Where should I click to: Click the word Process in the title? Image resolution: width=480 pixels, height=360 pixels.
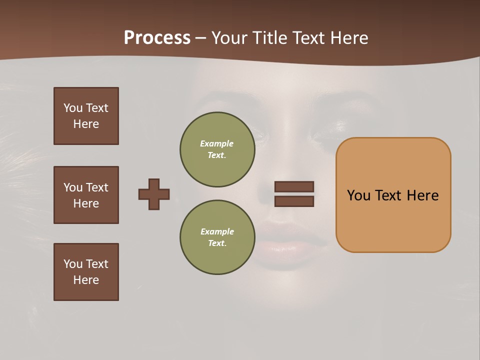click(157, 37)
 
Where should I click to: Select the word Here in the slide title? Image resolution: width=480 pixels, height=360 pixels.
click(348, 37)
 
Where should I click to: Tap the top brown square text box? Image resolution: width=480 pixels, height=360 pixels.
click(86, 116)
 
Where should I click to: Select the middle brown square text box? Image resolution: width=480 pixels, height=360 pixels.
click(86, 195)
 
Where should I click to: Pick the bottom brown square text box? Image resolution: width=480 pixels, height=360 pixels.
click(86, 272)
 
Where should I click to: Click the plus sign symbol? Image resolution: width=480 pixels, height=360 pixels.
click(154, 194)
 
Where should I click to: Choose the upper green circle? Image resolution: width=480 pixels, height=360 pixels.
click(217, 149)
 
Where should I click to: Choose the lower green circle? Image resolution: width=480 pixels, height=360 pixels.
click(217, 237)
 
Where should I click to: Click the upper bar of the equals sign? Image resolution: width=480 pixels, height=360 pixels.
click(294, 186)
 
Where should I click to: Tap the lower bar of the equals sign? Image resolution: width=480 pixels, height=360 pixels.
click(294, 201)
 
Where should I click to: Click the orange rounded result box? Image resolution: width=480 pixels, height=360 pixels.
click(393, 220)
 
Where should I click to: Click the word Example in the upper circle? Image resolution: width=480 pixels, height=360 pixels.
click(216, 143)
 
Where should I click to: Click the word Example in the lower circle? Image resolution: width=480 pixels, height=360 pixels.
click(217, 231)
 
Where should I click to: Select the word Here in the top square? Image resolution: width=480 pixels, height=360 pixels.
click(86, 124)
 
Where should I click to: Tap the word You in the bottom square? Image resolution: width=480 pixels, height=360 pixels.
click(73, 263)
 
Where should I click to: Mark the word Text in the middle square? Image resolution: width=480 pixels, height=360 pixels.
click(96, 187)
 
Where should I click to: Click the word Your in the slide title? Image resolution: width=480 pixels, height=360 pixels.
click(230, 37)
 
